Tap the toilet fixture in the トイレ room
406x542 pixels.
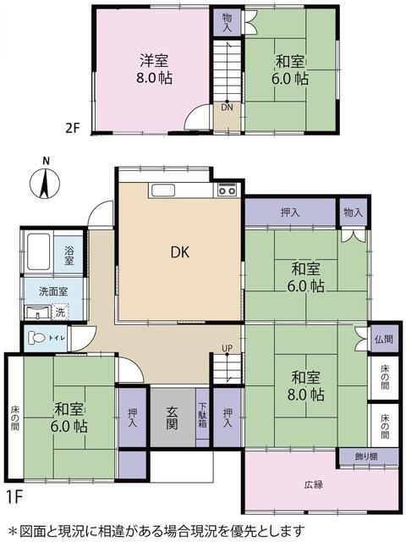36,337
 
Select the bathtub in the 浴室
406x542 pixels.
38,252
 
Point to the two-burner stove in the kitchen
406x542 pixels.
228,190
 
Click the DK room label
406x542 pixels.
180,252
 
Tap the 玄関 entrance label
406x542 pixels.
173,418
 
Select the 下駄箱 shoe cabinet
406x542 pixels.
202,418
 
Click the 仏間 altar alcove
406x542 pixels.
384,339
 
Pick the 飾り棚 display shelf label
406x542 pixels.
366,456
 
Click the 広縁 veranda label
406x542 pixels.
314,484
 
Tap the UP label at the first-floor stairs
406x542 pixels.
228,348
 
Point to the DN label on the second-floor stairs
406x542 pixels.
227,108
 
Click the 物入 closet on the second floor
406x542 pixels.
227,23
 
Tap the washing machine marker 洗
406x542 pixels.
60,312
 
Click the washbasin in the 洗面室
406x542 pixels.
37,312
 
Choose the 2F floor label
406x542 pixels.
73,128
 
